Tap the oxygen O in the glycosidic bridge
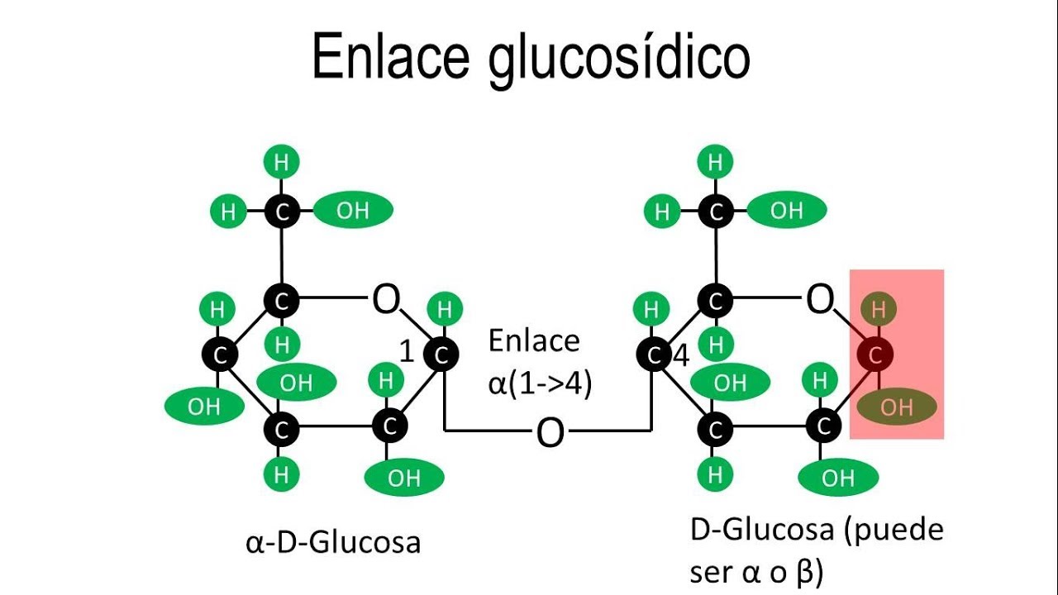click(x=550, y=432)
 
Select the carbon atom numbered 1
click(x=441, y=355)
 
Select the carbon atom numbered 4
click(x=655, y=355)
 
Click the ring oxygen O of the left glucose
click(x=386, y=300)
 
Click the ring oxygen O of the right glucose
click(x=819, y=300)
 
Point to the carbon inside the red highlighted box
click(x=878, y=355)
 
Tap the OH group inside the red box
click(x=897, y=407)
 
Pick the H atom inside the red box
click(x=879, y=310)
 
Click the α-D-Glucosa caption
click(x=333, y=542)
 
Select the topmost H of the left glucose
click(x=281, y=162)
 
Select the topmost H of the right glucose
click(x=715, y=162)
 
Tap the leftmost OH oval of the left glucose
click(x=203, y=406)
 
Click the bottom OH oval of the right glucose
click(x=838, y=477)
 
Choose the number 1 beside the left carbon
click(x=407, y=352)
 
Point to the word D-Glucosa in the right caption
click(x=761, y=530)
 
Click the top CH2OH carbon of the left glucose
click(x=282, y=212)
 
